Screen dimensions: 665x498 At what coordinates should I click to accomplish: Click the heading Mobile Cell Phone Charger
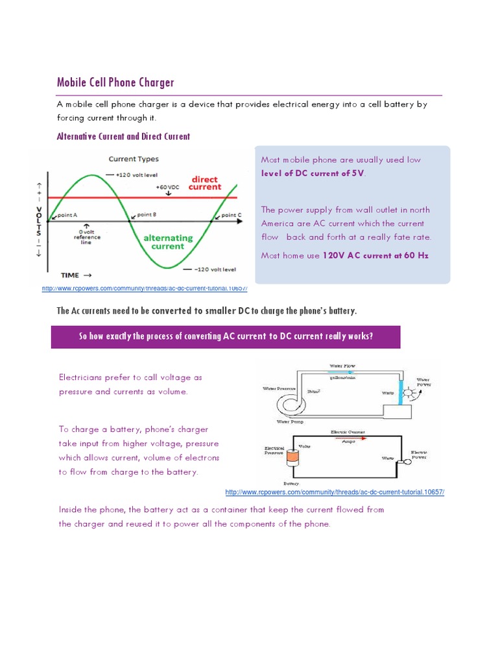click(x=115, y=82)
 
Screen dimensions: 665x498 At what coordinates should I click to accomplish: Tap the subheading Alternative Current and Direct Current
click(x=123, y=136)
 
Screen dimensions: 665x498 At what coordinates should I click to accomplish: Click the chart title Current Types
click(x=133, y=158)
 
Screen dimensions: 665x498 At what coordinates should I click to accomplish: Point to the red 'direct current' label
click(x=204, y=183)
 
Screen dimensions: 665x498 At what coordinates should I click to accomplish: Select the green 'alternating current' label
click(x=168, y=242)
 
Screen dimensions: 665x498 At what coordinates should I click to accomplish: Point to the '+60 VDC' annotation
click(x=167, y=186)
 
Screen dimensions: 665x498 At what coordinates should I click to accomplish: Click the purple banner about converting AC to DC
click(x=226, y=336)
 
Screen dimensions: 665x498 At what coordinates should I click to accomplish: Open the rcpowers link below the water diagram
click(x=335, y=492)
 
